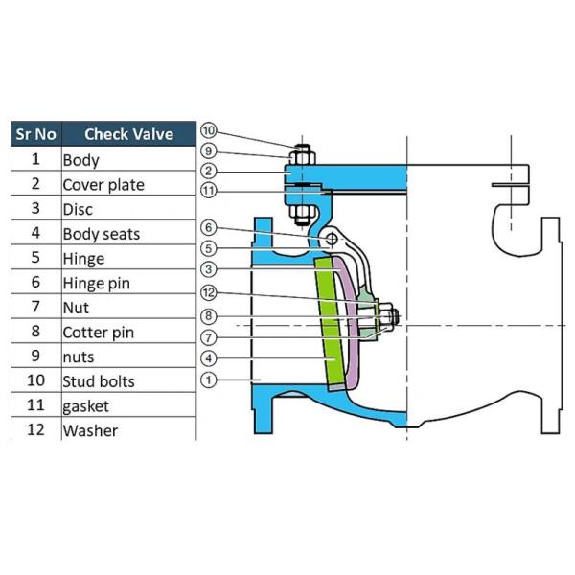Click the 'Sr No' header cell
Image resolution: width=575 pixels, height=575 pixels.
click(x=35, y=134)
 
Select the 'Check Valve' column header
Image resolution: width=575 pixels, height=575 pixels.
click(x=128, y=134)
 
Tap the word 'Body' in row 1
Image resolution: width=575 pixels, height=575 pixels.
click(x=80, y=160)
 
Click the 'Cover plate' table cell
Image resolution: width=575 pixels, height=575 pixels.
click(x=103, y=185)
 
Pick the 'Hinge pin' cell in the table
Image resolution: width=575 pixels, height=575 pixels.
click(x=96, y=283)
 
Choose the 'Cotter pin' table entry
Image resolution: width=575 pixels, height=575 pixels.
click(x=98, y=333)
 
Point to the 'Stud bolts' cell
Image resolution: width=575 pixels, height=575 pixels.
click(x=99, y=381)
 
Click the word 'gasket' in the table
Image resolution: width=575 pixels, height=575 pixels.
click(x=85, y=406)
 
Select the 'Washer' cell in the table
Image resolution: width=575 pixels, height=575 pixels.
click(x=90, y=430)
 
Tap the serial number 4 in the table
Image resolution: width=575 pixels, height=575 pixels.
click(x=35, y=233)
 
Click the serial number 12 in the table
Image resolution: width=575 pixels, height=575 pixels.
click(x=35, y=430)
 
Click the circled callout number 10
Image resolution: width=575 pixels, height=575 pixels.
click(x=208, y=130)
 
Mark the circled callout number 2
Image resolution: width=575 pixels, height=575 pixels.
click(x=208, y=171)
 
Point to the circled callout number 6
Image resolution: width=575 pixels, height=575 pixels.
click(x=208, y=228)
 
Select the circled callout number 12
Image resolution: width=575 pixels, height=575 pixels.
click(x=208, y=293)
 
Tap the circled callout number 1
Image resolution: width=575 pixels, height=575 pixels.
click(x=208, y=380)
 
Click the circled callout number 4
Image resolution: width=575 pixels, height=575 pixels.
click(x=208, y=358)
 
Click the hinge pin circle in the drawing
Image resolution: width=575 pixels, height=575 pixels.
click(x=331, y=239)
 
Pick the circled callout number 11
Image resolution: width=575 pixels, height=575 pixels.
click(x=208, y=190)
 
